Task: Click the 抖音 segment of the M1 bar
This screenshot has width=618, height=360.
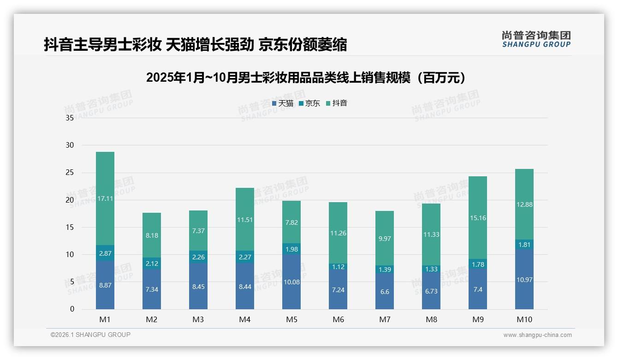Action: pos(105,198)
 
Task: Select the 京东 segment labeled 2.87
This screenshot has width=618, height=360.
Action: pos(105,253)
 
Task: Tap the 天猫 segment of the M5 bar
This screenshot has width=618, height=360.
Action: pos(291,282)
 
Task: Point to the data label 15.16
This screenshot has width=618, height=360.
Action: pos(478,218)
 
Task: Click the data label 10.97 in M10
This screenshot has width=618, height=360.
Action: pos(524,280)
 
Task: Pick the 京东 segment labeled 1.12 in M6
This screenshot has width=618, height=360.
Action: pos(338,266)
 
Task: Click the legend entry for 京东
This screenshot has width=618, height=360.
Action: pos(309,103)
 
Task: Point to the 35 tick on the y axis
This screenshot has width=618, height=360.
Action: pos(70,118)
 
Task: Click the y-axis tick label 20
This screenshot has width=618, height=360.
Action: pos(70,200)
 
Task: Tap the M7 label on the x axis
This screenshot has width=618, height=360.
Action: pos(385,319)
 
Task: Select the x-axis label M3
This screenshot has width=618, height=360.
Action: pos(198,319)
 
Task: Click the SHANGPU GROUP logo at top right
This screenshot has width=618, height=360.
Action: pos(536,39)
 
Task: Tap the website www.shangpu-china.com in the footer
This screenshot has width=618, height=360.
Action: pos(537,335)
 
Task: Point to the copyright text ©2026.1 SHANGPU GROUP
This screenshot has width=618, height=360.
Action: pos(90,335)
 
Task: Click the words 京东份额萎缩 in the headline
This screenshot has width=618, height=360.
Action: pos(303,45)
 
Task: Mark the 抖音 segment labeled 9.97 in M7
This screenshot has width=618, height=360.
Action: pos(385,238)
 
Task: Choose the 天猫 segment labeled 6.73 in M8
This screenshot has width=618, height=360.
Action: pos(431,290)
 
